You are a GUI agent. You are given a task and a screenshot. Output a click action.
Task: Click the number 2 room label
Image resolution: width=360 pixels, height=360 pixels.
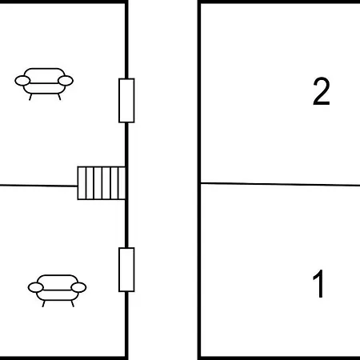point(322,91)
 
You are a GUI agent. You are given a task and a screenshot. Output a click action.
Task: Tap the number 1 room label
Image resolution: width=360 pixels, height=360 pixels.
point(318,283)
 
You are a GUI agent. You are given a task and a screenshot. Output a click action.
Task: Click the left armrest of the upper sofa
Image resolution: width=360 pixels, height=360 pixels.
point(22,81)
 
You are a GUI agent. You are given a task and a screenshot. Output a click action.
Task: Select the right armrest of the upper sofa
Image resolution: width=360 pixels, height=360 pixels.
point(66,81)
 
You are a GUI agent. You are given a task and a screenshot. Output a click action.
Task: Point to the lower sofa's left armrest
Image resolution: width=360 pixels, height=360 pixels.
point(35,287)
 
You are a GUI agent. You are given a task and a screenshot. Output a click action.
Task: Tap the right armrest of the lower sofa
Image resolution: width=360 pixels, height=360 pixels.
point(78,287)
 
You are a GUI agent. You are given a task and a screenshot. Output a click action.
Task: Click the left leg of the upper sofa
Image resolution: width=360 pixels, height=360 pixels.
point(30,97)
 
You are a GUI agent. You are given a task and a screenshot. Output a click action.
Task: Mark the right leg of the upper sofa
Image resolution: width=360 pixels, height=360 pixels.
point(59,97)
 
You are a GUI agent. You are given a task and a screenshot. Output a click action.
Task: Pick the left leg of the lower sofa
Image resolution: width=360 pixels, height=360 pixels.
point(44,303)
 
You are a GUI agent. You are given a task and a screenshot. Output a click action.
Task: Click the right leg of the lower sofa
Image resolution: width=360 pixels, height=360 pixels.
point(72,303)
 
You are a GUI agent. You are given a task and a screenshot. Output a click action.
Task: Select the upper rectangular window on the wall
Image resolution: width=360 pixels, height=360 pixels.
point(126,101)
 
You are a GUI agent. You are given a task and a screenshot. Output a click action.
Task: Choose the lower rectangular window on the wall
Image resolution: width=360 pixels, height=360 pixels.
point(126,270)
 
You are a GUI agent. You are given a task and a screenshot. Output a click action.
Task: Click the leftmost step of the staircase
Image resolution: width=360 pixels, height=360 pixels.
point(82,183)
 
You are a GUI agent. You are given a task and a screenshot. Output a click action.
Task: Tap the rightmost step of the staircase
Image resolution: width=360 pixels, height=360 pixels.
point(122,183)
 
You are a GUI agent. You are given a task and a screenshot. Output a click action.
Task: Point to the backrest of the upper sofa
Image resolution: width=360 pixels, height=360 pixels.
point(44,74)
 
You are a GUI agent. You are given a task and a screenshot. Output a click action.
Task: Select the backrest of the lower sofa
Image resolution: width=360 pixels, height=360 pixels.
point(58,280)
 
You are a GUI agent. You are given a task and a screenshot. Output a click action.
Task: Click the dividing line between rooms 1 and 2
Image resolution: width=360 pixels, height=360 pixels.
point(280,184)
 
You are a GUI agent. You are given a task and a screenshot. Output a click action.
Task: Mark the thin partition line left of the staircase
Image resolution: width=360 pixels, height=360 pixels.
point(38,186)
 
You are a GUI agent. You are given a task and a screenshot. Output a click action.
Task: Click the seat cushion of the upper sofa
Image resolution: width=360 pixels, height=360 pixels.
point(44,88)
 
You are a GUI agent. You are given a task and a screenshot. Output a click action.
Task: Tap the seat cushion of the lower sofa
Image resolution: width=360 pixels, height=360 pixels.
point(58,295)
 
